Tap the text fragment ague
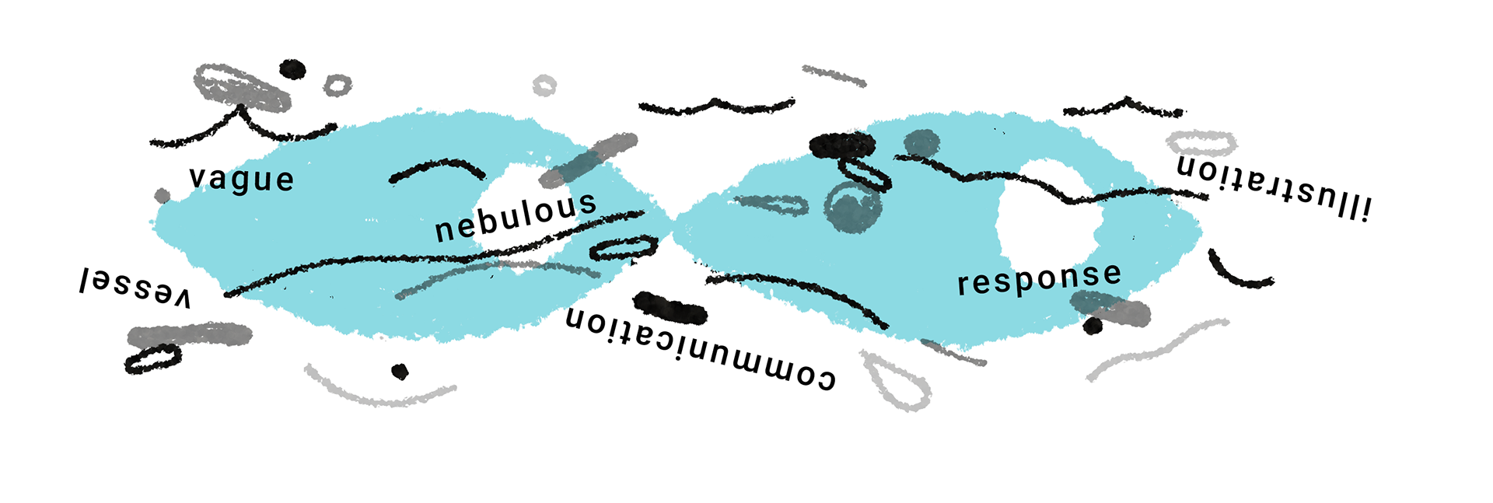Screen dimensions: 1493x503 250,180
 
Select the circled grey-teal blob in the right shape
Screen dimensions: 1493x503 853,207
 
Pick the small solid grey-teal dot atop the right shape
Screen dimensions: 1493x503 922,143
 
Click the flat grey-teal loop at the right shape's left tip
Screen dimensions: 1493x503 771,204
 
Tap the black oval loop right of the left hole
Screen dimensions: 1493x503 622,247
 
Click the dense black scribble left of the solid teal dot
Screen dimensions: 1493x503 843,145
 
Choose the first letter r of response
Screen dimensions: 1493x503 963,285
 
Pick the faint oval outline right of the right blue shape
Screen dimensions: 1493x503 1203,142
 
